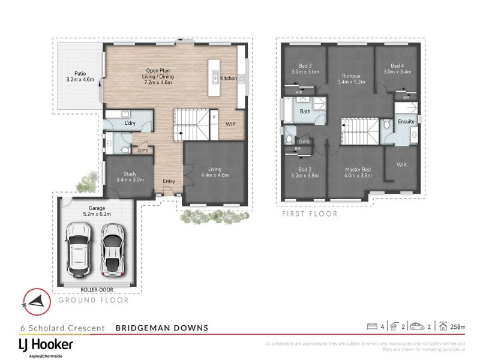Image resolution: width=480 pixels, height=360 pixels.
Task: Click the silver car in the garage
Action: [112, 247]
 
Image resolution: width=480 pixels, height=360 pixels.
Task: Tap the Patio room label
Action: [80, 76]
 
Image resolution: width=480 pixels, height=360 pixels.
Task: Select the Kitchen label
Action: [229, 79]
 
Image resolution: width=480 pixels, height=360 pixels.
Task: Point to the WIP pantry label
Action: [230, 124]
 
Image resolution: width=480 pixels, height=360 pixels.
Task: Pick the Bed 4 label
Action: [397, 68]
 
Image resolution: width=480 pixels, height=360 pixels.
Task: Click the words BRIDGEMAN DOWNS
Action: [161, 328]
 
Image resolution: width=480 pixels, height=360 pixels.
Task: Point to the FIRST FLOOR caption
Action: [310, 214]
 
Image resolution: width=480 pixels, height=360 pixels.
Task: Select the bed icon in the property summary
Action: [371, 326]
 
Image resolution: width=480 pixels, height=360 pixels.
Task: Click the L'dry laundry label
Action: [130, 123]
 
